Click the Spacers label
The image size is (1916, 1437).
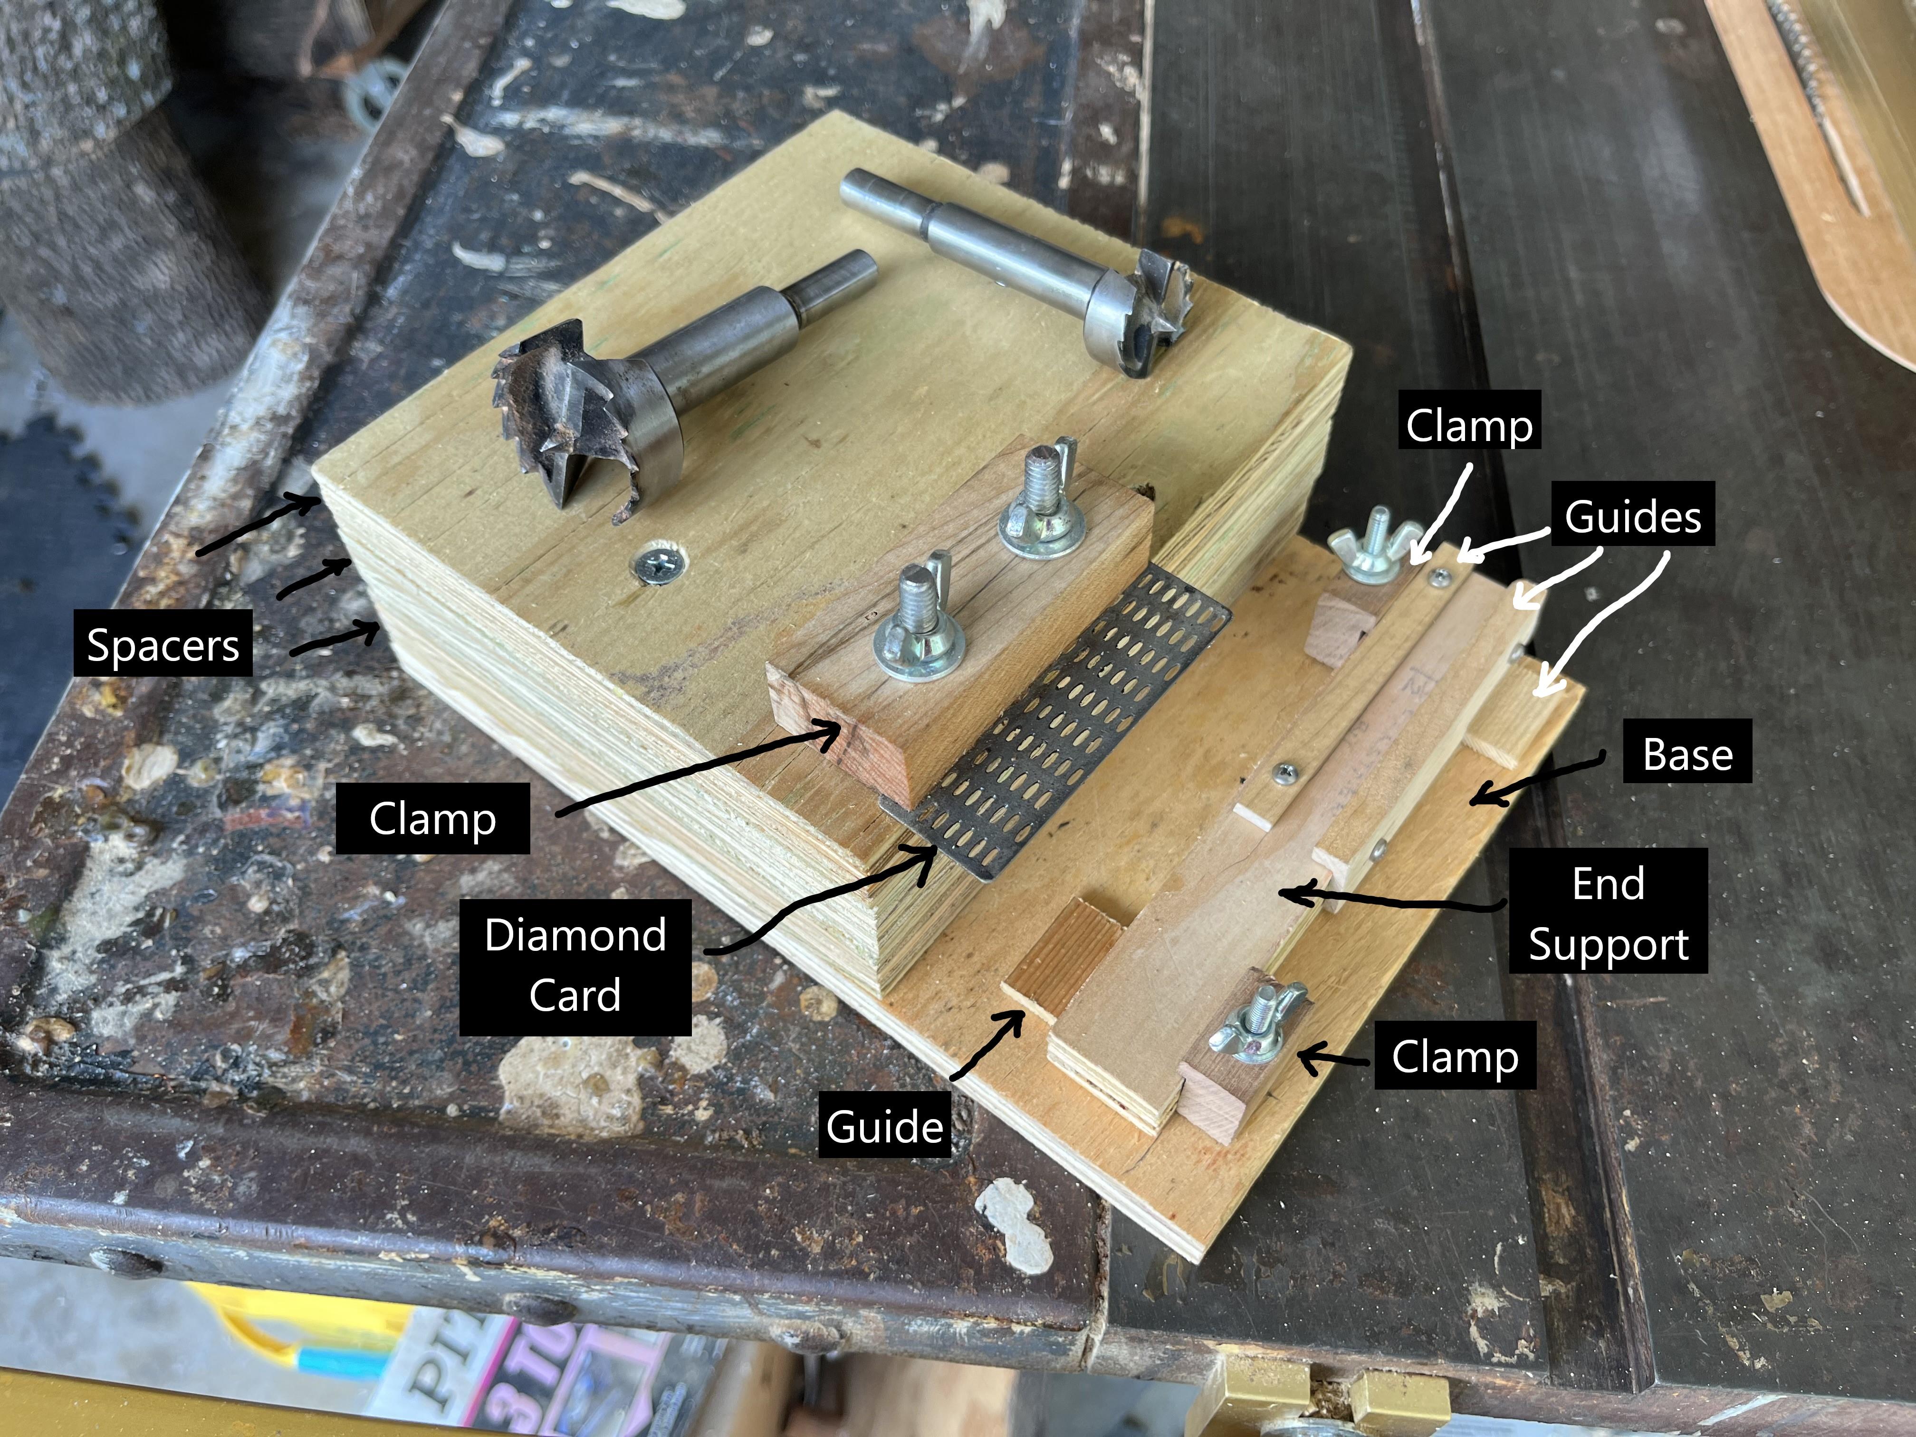click(163, 644)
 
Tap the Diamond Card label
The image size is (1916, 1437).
click(575, 966)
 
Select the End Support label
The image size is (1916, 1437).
click(1608, 913)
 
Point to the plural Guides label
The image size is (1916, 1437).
click(1632, 516)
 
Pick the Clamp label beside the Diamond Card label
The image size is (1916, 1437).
click(432, 818)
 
